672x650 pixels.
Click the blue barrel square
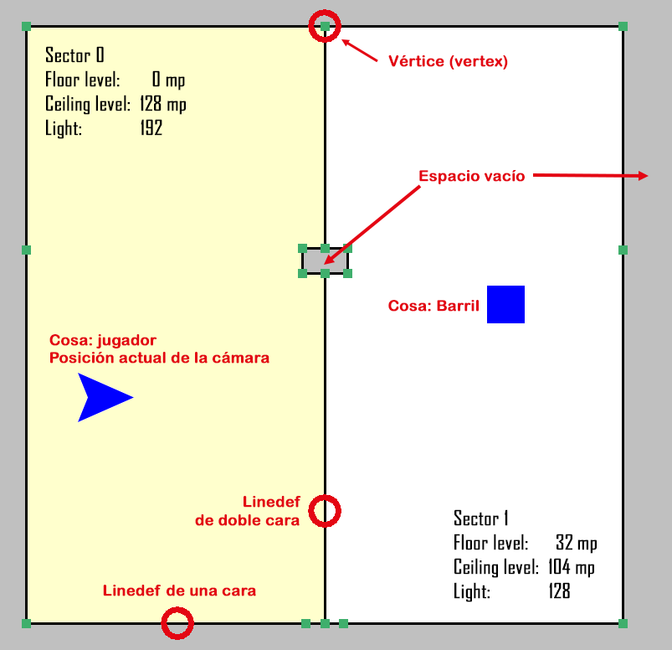(x=505, y=304)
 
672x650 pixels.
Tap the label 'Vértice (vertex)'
(x=448, y=61)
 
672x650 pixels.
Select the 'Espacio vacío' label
(x=472, y=176)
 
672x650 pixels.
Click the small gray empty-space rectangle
(x=325, y=261)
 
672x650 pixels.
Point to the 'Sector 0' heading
(x=74, y=55)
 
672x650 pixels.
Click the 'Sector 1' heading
(x=481, y=518)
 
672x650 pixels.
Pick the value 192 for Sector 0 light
(x=151, y=128)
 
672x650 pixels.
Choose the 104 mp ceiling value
(x=572, y=567)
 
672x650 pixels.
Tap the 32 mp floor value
(x=577, y=543)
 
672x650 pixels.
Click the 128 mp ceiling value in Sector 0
(x=163, y=104)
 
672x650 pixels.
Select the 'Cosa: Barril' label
(x=433, y=306)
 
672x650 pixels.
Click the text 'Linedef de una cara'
(x=179, y=591)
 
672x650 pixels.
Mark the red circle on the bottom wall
(x=177, y=623)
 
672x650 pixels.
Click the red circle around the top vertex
(x=325, y=26)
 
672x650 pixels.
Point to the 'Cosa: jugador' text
(x=103, y=340)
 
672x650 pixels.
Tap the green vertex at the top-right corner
(x=623, y=26)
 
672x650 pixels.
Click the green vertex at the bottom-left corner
(x=26, y=623)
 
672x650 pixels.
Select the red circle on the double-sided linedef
(x=325, y=511)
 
